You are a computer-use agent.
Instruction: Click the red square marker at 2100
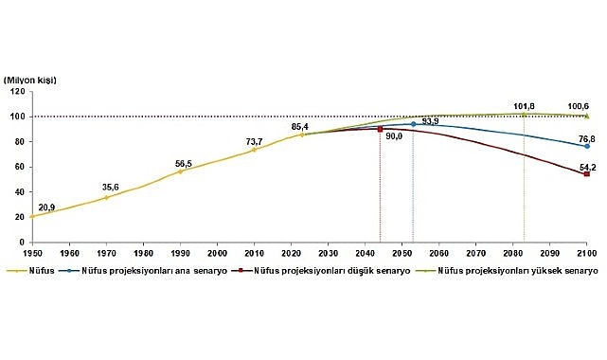pyautogui.click(x=587, y=174)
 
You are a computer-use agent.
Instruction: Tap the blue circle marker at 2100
pyautogui.click(x=587, y=146)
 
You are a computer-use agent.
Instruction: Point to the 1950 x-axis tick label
pyautogui.click(x=31, y=254)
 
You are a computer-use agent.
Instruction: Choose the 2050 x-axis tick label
pyautogui.click(x=402, y=254)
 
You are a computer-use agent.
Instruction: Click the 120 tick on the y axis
pyautogui.click(x=18, y=92)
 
